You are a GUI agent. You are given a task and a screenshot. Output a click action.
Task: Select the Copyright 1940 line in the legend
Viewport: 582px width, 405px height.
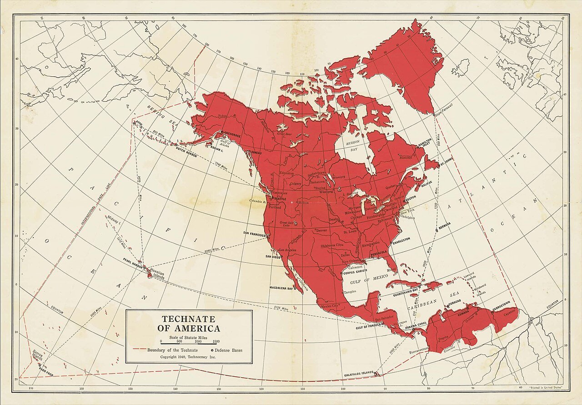pyautogui.click(x=188, y=357)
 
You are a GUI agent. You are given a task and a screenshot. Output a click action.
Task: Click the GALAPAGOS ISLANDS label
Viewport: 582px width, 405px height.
pyautogui.click(x=358, y=373)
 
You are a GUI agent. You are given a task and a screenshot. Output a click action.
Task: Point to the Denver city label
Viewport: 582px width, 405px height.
pyautogui.click(x=321, y=230)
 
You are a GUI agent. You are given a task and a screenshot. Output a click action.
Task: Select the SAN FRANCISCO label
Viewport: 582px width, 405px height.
pyautogui.click(x=254, y=234)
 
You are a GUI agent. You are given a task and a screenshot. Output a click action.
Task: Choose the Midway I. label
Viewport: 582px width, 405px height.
pyautogui.click(x=113, y=219)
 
